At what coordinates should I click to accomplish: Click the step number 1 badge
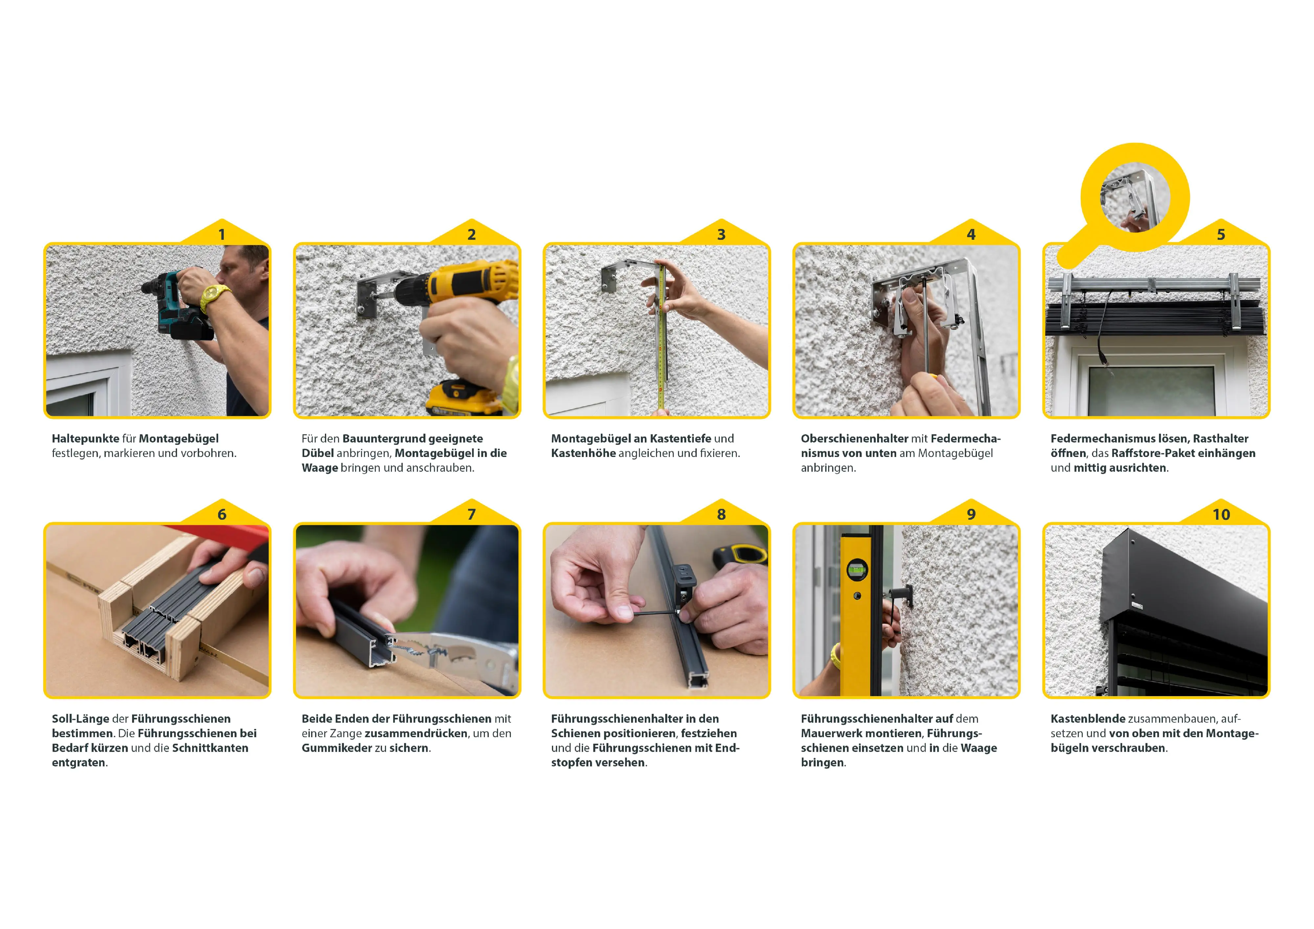click(221, 235)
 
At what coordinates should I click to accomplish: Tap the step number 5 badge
click(1221, 235)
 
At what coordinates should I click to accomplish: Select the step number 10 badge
click(1221, 514)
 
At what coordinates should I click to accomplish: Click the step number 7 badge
click(472, 514)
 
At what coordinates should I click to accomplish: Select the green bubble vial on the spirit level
click(857, 570)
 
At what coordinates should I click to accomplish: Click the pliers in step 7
click(458, 658)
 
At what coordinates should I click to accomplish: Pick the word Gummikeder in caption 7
click(336, 748)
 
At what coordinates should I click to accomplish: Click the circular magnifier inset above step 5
click(1135, 197)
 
